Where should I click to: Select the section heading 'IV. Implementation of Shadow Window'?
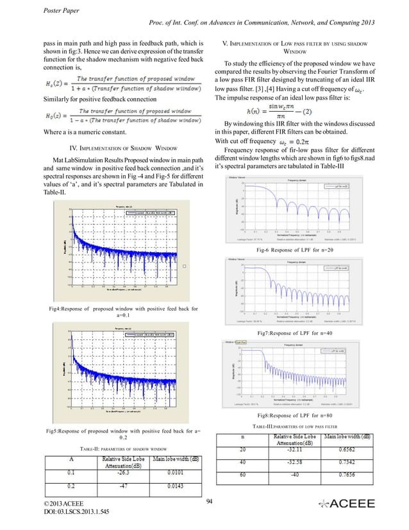[114, 147]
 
